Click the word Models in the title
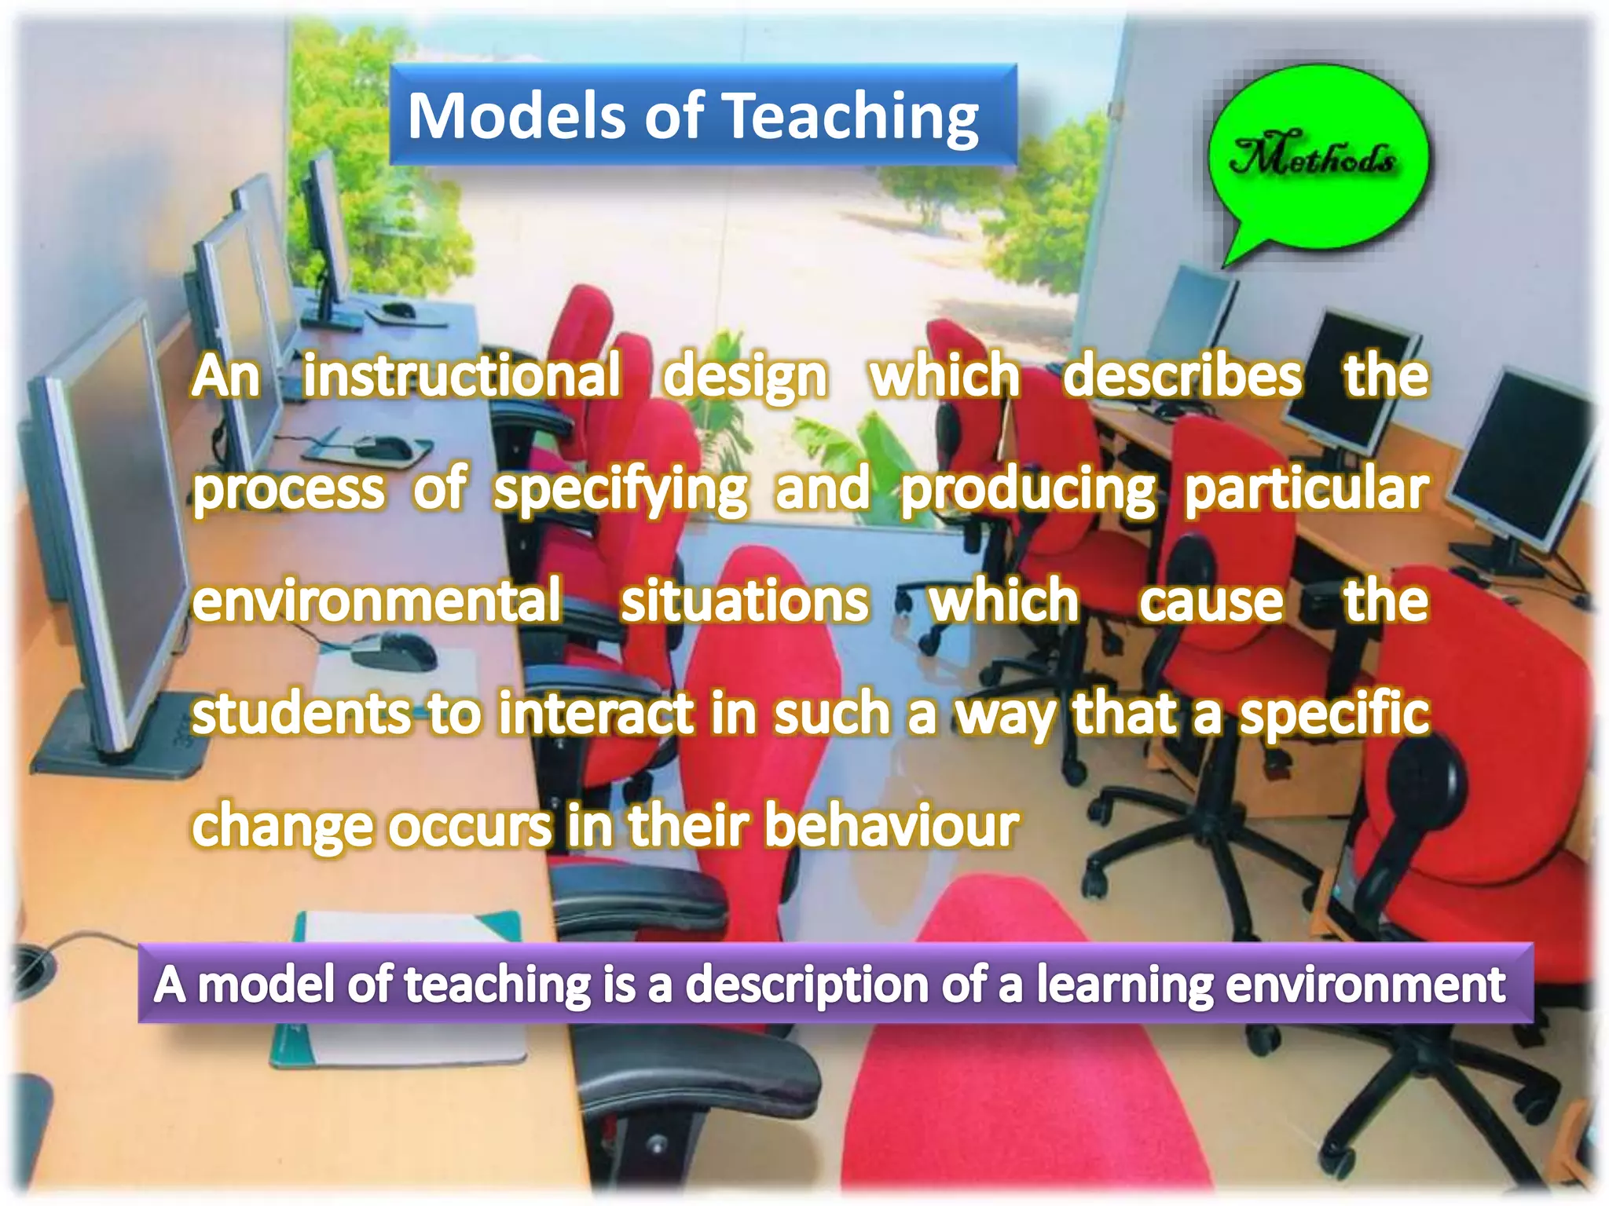517,116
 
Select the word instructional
462,376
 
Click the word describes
1182,376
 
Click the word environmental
377,601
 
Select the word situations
745,601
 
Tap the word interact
597,713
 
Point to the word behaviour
892,826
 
